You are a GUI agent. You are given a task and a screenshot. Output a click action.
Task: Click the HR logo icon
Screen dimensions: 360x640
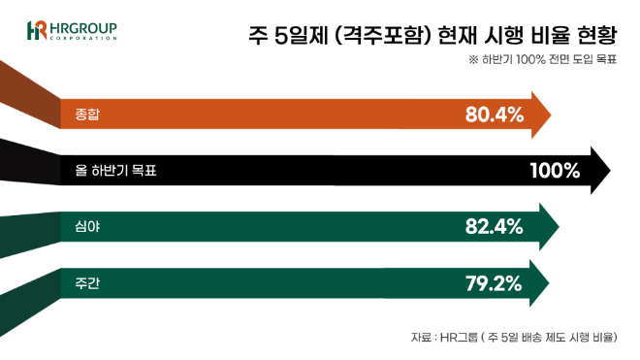pyautogui.click(x=37, y=29)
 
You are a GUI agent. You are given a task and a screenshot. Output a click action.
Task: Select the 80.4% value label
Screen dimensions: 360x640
pyautogui.click(x=494, y=115)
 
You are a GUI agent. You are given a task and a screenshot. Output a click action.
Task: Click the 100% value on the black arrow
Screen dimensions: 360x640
pyautogui.click(x=555, y=172)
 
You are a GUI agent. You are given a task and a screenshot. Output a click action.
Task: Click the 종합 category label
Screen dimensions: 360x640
pyautogui.click(x=87, y=115)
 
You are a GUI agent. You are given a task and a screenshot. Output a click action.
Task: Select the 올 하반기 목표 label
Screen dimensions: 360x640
pyautogui.click(x=115, y=172)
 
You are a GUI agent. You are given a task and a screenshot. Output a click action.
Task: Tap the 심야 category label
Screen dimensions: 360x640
pyautogui.click(x=87, y=227)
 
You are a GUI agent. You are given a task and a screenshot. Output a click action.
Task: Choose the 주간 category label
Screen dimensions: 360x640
pyautogui.click(x=87, y=283)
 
